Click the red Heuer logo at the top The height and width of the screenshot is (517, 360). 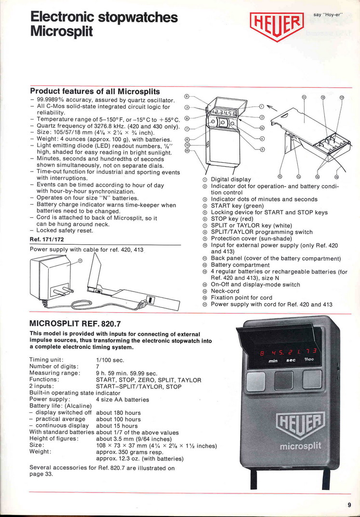click(x=277, y=25)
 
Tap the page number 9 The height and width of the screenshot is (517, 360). click(x=349, y=505)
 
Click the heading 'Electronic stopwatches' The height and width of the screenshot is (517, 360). click(x=104, y=18)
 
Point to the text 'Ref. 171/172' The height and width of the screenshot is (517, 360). click(x=46, y=239)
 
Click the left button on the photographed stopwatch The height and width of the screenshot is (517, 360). click(x=255, y=380)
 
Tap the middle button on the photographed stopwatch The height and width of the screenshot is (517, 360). click(x=283, y=380)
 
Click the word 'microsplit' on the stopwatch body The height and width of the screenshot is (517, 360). click(x=300, y=446)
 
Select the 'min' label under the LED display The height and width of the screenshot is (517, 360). click(x=273, y=360)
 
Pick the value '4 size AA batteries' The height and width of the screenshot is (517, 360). click(x=122, y=399)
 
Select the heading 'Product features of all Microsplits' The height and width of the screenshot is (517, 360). click(x=95, y=91)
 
